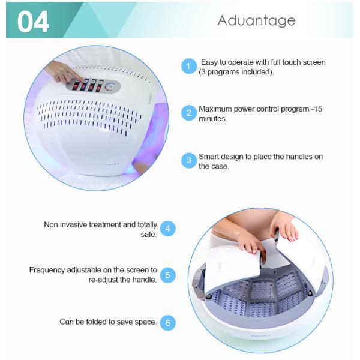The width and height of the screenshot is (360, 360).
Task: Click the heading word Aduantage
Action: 256,20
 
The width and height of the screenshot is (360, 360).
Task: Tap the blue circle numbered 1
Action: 189,66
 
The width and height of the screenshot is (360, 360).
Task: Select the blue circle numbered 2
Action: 189,113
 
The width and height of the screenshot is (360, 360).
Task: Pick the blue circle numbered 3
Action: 189,160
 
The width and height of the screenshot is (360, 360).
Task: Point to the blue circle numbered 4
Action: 168,229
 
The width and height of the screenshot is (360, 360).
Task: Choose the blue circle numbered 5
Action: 168,275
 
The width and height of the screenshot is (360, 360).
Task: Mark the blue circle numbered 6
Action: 168,322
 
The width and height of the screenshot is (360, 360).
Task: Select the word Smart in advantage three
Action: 210,157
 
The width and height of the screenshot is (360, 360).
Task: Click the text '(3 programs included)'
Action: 236,72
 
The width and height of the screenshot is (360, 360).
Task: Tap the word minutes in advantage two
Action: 213,119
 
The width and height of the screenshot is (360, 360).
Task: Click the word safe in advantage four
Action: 148,234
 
